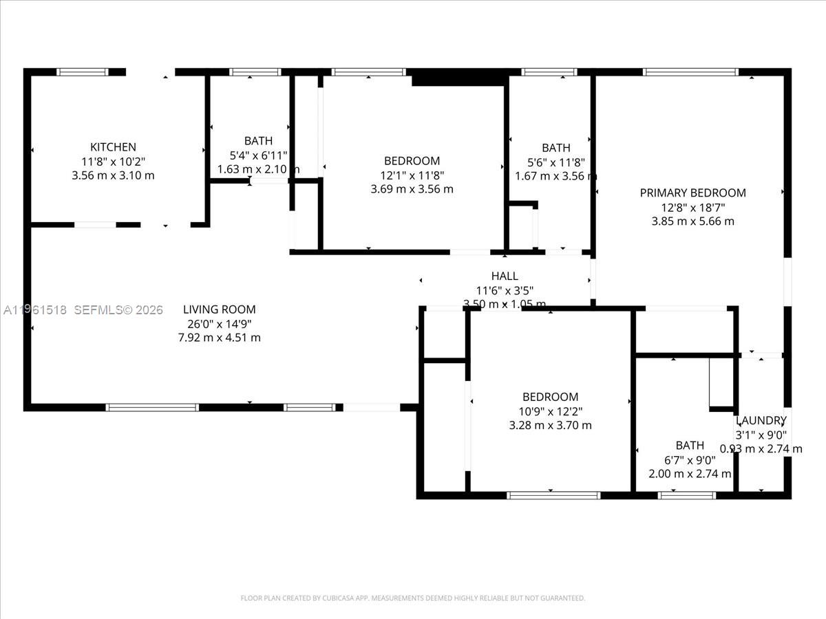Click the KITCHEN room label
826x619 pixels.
coord(113,146)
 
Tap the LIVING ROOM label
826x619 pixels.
coord(219,309)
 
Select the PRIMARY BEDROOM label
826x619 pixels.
coord(692,193)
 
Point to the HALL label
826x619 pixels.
coord(505,276)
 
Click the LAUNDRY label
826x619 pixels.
coord(761,420)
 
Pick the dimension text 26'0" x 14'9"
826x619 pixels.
coord(219,323)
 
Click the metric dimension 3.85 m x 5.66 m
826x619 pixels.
coord(692,221)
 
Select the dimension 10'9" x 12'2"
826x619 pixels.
coord(550,411)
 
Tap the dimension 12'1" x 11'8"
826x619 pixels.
coord(412,175)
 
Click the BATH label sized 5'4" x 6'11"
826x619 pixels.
coord(258,141)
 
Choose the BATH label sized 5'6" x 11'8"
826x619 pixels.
coord(555,147)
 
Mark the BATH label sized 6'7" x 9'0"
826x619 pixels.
coord(690,445)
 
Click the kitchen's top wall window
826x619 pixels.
coord(83,72)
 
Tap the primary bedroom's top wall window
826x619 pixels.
coord(690,72)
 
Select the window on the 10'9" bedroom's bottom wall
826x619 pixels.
coord(553,495)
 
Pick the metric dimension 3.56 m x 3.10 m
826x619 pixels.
coord(113,175)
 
